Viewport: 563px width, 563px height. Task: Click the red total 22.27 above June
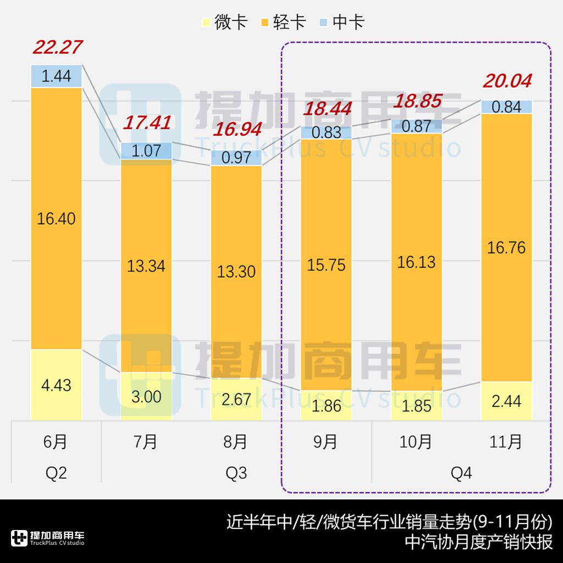[x=57, y=47]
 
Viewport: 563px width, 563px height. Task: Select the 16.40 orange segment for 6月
[x=56, y=218]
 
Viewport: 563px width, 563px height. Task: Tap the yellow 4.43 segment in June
[x=56, y=385]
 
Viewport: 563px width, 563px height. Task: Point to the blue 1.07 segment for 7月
[x=146, y=151]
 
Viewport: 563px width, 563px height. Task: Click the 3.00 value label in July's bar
[x=146, y=397]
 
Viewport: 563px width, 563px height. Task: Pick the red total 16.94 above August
[x=236, y=130]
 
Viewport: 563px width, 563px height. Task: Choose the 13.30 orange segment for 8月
[x=236, y=271]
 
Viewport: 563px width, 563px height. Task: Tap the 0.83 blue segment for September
[x=327, y=133]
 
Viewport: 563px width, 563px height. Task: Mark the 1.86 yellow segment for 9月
[x=327, y=406]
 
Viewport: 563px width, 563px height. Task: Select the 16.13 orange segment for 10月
[x=417, y=262]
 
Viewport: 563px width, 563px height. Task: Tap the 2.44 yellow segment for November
[x=507, y=401]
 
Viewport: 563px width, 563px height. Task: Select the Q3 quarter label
[x=236, y=473]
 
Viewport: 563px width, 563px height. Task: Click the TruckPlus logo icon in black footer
[x=19, y=538]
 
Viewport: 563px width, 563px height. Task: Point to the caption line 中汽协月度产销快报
[x=478, y=542]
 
